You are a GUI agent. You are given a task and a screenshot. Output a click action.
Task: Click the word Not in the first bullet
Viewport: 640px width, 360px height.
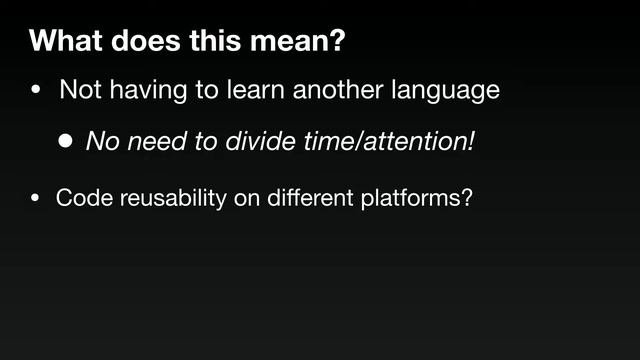coord(80,91)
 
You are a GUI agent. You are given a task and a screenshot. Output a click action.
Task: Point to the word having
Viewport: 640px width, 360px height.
coord(149,91)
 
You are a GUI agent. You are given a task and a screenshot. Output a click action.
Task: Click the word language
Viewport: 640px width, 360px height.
coord(446,91)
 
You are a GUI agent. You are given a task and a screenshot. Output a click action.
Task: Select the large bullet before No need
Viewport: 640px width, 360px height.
coord(65,142)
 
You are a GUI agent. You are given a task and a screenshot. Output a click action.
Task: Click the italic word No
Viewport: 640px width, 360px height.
coord(101,142)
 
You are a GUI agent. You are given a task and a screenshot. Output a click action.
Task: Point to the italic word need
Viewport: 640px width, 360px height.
coord(154,142)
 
